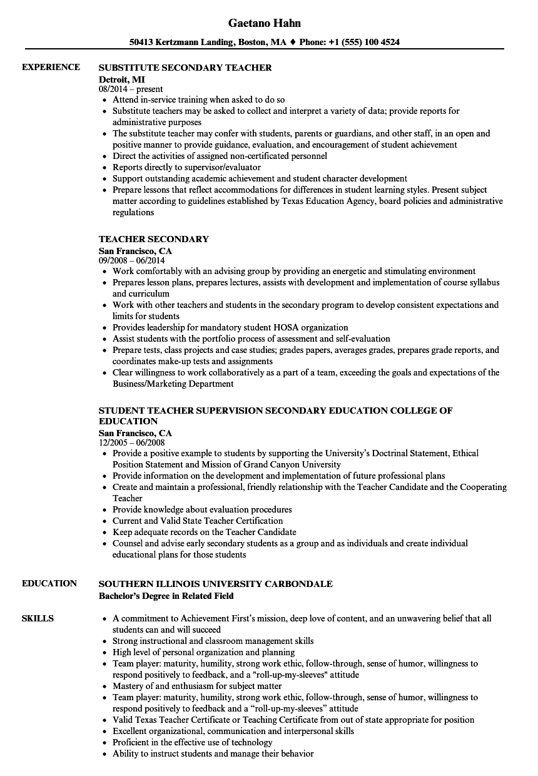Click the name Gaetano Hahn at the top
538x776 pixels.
point(264,23)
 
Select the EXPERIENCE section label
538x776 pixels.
point(51,67)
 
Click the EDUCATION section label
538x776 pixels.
point(49,583)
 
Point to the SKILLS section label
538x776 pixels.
point(38,618)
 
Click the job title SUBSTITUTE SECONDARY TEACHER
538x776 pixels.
point(185,67)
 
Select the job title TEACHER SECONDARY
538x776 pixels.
point(154,239)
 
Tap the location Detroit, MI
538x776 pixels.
point(121,79)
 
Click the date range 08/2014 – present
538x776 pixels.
point(131,89)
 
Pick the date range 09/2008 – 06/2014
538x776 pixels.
point(131,261)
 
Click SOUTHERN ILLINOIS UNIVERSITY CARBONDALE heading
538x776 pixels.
point(216,584)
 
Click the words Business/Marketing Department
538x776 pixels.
point(173,384)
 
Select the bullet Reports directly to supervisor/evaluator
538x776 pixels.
point(186,167)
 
